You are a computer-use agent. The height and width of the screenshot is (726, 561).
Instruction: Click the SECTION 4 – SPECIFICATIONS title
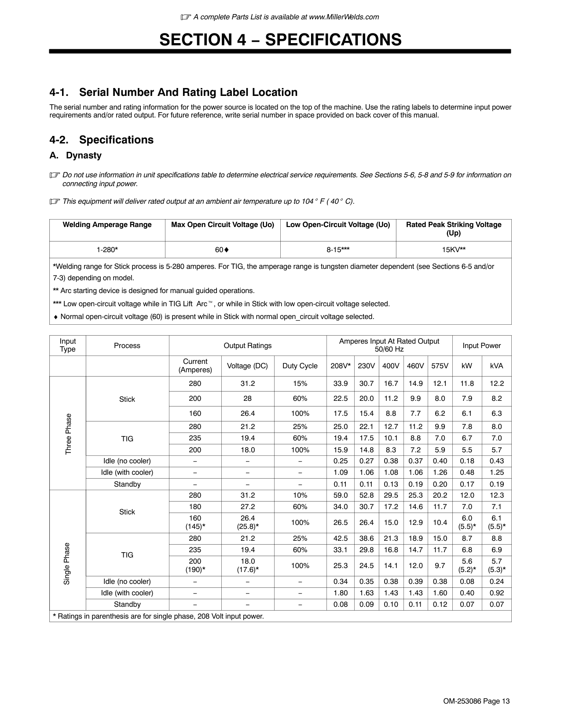point(280,40)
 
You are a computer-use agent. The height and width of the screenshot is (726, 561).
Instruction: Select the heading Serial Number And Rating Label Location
point(173,92)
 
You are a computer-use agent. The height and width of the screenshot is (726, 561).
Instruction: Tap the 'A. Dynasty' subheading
point(75,155)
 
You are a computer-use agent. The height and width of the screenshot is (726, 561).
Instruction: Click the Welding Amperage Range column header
point(107,225)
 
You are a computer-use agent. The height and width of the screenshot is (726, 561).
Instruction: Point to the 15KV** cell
point(454,250)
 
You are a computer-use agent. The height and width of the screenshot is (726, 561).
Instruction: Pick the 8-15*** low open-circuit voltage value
point(338,250)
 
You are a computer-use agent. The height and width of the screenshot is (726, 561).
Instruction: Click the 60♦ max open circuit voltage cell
point(222,250)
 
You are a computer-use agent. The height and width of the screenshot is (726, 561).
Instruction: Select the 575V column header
point(440,366)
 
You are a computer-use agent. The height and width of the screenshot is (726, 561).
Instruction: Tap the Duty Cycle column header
point(300,366)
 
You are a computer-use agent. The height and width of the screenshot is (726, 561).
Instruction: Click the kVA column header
point(496,366)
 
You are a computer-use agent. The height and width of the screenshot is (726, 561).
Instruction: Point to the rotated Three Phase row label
point(68,434)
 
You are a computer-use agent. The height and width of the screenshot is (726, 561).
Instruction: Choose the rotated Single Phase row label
point(67,564)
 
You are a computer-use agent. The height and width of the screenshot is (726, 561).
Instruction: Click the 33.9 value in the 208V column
point(340,384)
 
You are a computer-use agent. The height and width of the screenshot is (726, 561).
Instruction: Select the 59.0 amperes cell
point(340,495)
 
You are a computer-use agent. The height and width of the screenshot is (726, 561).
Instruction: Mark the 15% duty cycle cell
point(300,384)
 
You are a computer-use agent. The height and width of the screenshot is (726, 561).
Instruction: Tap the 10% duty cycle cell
point(300,495)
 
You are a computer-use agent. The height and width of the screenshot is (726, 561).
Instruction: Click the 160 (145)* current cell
point(195,522)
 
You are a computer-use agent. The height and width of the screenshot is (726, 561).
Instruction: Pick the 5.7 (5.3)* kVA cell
point(496,565)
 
